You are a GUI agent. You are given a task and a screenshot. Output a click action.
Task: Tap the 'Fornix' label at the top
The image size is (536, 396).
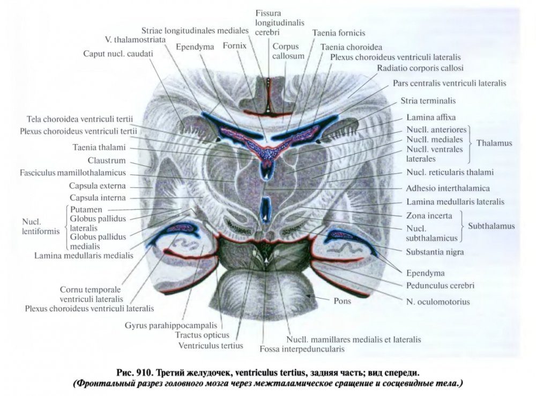[234, 46]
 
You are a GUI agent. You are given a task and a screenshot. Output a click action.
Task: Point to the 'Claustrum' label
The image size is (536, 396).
[107, 160]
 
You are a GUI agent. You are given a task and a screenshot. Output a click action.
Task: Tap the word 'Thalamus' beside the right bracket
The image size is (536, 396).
[494, 144]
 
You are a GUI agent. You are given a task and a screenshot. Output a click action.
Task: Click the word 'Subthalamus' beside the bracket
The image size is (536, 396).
[491, 226]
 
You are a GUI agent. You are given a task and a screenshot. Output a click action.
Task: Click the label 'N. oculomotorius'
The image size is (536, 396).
[438, 302]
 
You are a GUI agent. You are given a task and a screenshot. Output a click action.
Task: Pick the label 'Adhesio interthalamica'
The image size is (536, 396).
[448, 189]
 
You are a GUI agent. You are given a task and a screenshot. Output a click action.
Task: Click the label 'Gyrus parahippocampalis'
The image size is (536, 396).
[170, 325]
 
